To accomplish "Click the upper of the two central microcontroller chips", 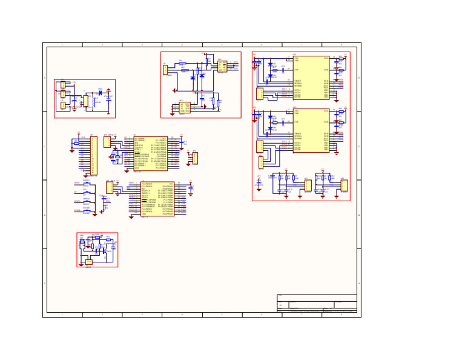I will [x=150, y=153].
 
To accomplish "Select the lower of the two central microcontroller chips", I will [x=157, y=199].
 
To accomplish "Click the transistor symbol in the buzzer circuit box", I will [x=104, y=249].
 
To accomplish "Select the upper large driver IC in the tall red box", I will [x=311, y=78].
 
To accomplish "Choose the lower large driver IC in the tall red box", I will [x=311, y=130].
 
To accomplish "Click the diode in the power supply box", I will [x=100, y=93].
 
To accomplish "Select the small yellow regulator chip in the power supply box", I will [x=86, y=101].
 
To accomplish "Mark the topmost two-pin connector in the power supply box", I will [x=62, y=85].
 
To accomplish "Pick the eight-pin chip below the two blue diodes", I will [x=185, y=107].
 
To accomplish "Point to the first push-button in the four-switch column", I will [x=87, y=184].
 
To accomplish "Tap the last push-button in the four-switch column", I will [x=87, y=211].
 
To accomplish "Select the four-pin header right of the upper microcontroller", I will [x=194, y=158].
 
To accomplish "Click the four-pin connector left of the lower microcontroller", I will [x=109, y=187].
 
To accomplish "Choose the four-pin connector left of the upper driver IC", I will [x=259, y=93].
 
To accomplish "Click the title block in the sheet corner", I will [x=317, y=303].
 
